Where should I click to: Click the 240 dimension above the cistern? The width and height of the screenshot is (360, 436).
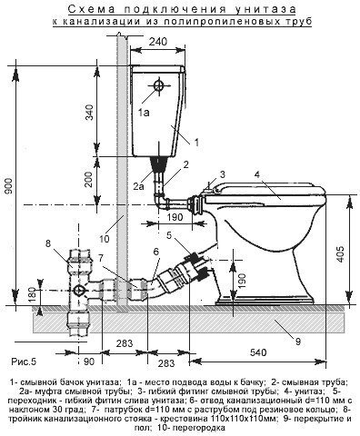coord(157,41)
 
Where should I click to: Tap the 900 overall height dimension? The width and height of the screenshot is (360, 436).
coord(8,185)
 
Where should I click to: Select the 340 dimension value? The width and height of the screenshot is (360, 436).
coord(89,112)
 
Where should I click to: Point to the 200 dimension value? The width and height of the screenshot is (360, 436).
coord(88,179)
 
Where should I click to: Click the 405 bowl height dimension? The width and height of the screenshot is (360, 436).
coord(341,253)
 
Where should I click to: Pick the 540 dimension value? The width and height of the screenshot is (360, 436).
coord(258,352)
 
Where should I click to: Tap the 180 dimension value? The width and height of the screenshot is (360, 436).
coord(33,293)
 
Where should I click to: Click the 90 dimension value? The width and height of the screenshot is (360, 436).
coord(89,362)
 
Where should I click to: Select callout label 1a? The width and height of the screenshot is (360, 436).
coord(144,113)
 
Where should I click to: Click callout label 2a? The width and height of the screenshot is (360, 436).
coord(138,186)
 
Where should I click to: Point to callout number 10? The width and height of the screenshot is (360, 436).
coord(104,239)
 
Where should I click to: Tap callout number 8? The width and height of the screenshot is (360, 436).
coord(48,243)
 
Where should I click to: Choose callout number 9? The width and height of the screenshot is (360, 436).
coord(298,342)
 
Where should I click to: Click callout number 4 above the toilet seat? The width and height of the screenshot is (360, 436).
coord(257,174)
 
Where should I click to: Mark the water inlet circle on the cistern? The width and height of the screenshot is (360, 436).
coord(158,85)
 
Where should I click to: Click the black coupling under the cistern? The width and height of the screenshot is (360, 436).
coord(159,164)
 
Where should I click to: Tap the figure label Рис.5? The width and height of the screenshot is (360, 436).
coord(24,362)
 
